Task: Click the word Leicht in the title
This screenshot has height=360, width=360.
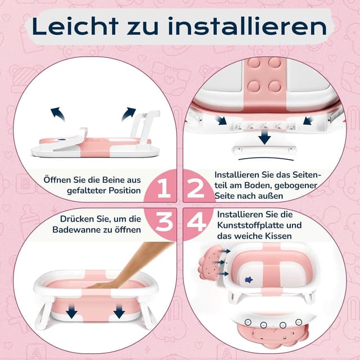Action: [74, 26]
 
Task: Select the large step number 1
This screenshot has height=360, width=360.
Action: [163, 189]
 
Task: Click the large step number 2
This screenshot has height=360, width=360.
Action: [196, 189]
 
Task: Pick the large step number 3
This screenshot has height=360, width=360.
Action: [163, 223]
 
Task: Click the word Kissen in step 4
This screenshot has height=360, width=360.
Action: [278, 236]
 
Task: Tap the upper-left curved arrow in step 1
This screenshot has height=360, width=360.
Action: [57, 114]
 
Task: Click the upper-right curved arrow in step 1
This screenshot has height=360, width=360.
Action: [129, 112]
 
